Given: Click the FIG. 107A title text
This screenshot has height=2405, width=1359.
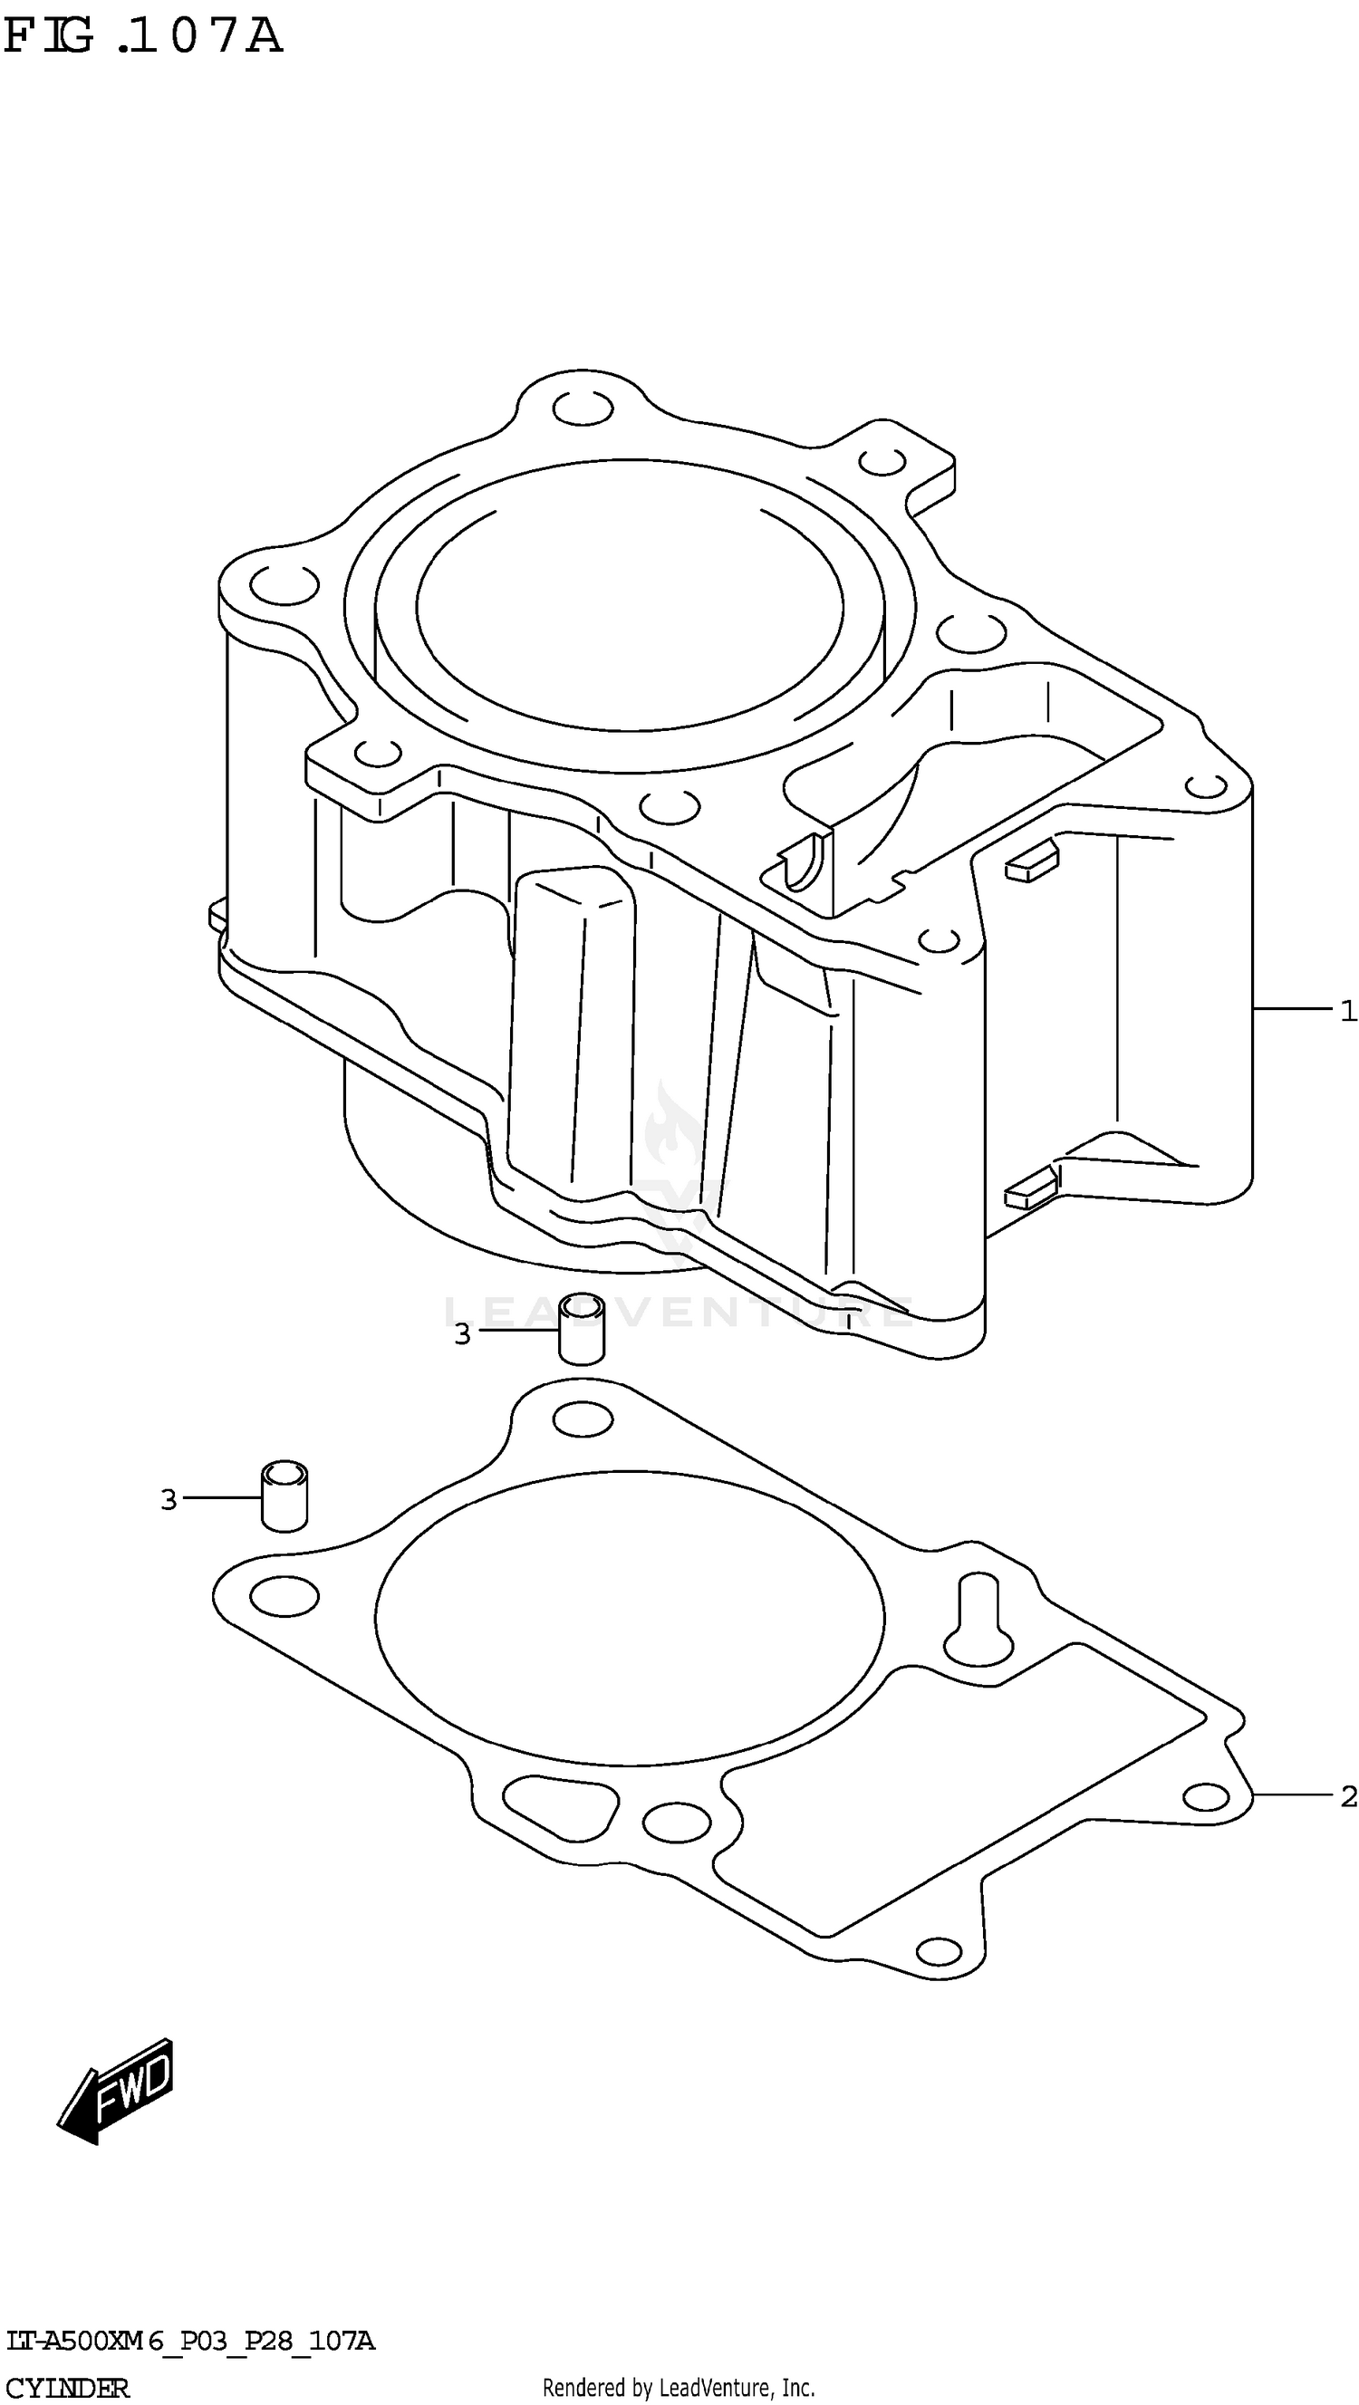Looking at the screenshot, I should coord(142,37).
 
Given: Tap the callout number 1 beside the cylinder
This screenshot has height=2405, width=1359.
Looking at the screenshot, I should coord(1347,1010).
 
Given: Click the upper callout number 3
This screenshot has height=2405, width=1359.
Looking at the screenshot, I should coord(462,1335).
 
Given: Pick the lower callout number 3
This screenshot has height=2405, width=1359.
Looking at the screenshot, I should coord(169,1500).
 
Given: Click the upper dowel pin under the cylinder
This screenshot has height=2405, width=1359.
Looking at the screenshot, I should coord(581,1330).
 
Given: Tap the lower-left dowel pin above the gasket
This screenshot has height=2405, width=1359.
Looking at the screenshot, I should coord(284,1496).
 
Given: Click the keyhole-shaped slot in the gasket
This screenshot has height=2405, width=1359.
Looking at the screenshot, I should coord(977,1622).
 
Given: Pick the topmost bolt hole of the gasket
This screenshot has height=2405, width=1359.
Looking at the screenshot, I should coord(583,1420).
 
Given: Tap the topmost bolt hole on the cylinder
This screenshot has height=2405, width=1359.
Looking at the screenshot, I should coord(583,408).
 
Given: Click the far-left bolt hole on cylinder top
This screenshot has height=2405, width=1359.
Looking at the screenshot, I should coord(284,585).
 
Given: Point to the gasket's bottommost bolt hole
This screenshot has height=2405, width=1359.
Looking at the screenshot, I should coord(939,1951).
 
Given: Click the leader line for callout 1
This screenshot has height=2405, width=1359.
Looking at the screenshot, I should coord(1293,1008).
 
